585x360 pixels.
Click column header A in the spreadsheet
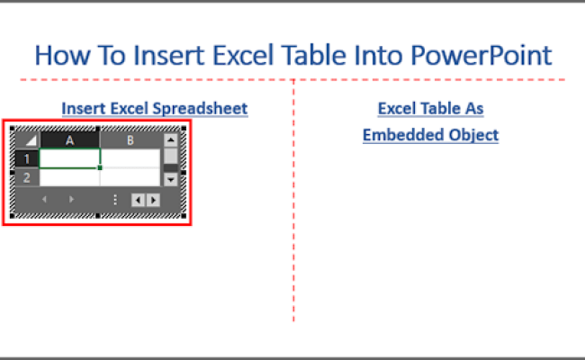70,140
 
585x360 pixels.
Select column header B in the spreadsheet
130,140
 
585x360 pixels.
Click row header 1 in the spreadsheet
27,159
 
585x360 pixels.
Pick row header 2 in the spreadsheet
27,177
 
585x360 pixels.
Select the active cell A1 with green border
70,158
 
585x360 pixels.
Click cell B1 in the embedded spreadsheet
130,158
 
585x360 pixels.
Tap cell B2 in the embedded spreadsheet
130,177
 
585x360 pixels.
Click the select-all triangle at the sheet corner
28,141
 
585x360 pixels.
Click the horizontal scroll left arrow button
138,200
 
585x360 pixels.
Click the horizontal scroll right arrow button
153,200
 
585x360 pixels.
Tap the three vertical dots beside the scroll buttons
115,200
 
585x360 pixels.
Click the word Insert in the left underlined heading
79,109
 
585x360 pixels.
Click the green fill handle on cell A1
100,167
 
